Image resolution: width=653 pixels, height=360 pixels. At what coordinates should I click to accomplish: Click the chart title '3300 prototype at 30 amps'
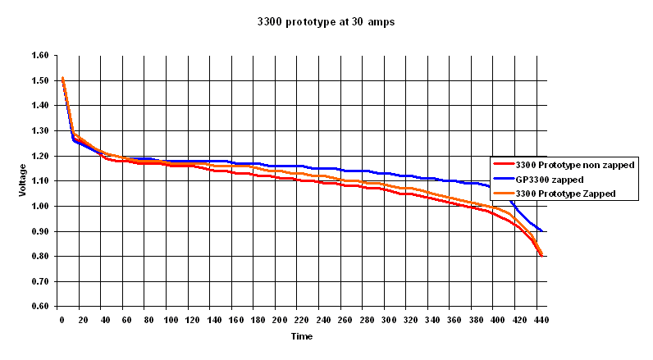(326, 22)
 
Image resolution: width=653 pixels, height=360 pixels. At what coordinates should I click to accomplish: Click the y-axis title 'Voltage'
(22, 180)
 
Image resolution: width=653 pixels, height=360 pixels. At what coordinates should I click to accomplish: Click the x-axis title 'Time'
(301, 335)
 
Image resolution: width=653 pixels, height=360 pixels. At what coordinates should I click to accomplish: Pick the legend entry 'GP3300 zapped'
(555, 180)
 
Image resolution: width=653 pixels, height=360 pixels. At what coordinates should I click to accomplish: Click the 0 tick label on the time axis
(62, 320)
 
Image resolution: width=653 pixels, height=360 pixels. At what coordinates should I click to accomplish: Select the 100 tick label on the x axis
(171, 320)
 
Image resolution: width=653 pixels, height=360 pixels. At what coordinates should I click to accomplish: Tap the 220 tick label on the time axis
(301, 320)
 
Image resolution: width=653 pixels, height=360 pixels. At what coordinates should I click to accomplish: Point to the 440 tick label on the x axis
(540, 320)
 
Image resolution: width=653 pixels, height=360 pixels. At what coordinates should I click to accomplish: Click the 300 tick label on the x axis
(388, 320)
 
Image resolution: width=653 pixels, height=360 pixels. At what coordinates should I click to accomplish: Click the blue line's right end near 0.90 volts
(541, 231)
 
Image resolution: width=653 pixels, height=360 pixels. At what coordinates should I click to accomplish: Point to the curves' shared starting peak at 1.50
(62, 79)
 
